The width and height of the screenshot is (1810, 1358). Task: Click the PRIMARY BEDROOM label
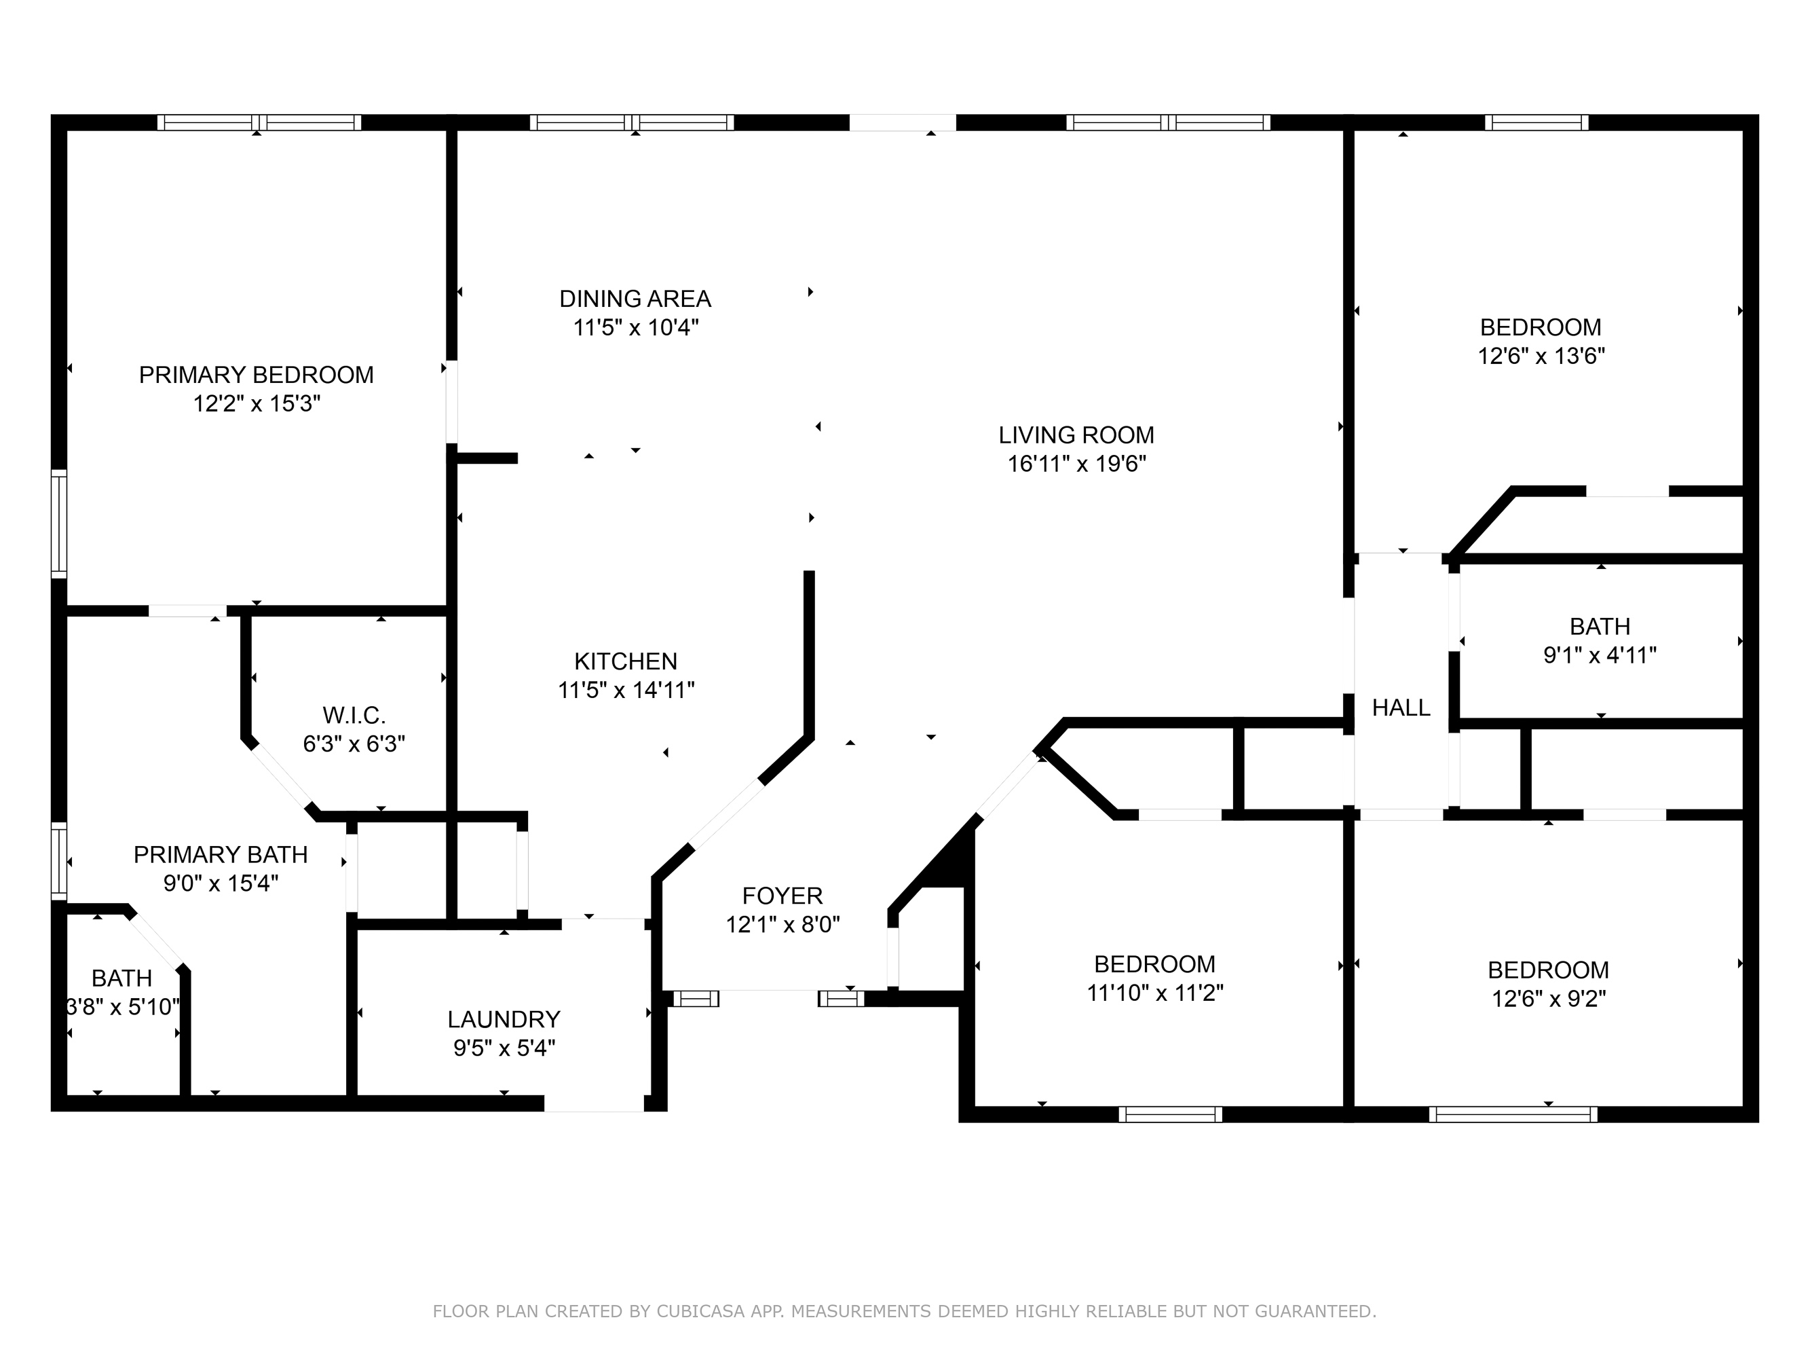[x=256, y=375]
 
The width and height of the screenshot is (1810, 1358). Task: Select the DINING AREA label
[x=635, y=299]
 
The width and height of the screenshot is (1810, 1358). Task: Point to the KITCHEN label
[x=626, y=661]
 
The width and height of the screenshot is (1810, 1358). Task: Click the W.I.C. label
[x=354, y=716]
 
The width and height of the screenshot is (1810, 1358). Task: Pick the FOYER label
[x=783, y=896]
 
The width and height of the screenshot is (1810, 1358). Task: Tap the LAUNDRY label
[x=504, y=1019]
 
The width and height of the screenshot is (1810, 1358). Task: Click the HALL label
[x=1401, y=708]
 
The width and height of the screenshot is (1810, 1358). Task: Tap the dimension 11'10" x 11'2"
[x=1154, y=993]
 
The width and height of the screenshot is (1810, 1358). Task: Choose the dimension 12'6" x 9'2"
[x=1548, y=999]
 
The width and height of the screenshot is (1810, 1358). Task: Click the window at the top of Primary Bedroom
[x=259, y=123]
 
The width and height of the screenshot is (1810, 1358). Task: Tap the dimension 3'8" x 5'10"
[x=123, y=1007]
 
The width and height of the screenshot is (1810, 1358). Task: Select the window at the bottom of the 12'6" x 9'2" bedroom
[x=1513, y=1114]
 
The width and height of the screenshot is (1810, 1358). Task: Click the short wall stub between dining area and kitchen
[x=487, y=458]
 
